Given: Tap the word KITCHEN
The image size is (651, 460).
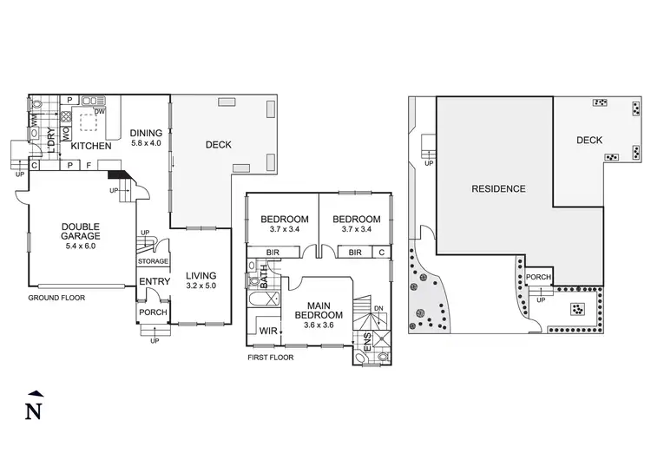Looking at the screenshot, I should click(90, 146).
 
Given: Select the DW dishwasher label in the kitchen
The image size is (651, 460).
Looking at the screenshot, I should click(101, 111).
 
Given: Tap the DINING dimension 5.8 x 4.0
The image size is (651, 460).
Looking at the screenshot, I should click(146, 144).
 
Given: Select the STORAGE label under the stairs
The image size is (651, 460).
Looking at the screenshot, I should click(154, 260).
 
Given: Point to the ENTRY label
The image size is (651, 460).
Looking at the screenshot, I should click(155, 281).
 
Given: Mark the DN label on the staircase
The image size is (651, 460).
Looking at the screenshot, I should click(378, 307).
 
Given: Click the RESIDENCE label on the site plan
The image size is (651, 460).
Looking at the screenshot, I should click(498, 188).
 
